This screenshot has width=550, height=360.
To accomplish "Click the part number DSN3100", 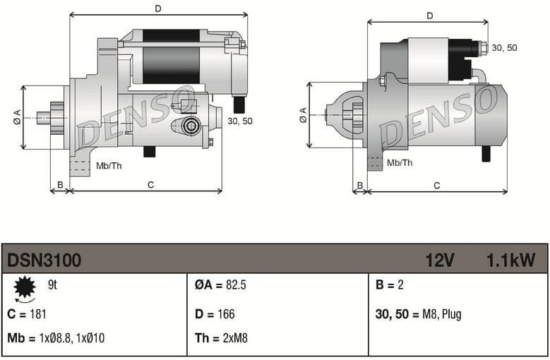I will (x=44, y=260).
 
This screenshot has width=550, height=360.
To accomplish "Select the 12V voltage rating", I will (x=439, y=260).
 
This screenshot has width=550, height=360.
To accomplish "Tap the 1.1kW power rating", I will (x=510, y=260).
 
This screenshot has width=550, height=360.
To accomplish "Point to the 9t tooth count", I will (x=52, y=285).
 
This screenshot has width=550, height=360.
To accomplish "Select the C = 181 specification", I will (x=27, y=314).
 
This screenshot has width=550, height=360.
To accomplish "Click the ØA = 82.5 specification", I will (x=220, y=285).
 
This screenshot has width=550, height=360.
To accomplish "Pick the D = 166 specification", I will (x=215, y=314).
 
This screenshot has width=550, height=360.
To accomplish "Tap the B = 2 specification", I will (x=388, y=285).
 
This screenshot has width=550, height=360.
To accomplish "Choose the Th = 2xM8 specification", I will (x=221, y=338).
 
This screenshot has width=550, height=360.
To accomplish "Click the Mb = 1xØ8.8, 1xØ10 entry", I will (x=56, y=338).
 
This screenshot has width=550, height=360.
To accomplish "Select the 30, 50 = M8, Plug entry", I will (x=418, y=314).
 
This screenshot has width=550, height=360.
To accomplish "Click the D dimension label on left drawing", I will (x=158, y=8).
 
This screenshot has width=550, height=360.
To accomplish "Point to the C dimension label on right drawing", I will (x=437, y=185).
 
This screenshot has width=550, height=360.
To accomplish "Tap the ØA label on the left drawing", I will (x=17, y=118).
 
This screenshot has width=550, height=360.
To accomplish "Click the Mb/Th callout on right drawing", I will (x=400, y=163).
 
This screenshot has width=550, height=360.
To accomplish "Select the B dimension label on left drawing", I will (x=60, y=185).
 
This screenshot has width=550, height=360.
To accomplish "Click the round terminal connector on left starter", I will (x=189, y=126).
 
